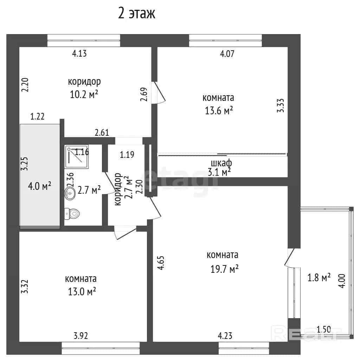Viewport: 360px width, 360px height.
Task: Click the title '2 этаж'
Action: tap(137, 13)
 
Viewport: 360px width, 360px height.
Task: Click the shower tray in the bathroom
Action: tap(76, 156)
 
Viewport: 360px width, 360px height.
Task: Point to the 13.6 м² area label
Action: tap(219, 110)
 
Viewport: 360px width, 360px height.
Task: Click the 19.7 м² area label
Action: tap(225, 269)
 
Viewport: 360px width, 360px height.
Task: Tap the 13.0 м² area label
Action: tap(82, 291)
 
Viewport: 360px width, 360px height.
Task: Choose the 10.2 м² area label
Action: tap(84, 94)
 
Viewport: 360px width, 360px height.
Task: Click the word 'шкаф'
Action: tap(221, 163)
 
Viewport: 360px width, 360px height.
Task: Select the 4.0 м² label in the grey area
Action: tap(39, 186)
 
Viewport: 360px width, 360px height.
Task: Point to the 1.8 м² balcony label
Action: tap(319, 278)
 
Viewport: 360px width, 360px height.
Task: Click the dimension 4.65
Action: tap(161, 263)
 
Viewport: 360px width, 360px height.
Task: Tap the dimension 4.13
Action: tap(79, 53)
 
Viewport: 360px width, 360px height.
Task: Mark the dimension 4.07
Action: tap(227, 54)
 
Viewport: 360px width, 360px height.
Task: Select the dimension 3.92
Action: tap(81, 336)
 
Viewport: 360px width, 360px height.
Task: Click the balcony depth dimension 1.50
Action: tap(324, 329)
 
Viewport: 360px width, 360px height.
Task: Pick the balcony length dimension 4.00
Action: tap(342, 281)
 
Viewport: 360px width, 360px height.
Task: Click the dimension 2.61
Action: tap(102, 133)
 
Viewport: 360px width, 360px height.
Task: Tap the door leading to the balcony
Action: tap(290, 258)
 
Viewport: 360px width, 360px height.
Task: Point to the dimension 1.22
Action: tap(37, 116)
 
